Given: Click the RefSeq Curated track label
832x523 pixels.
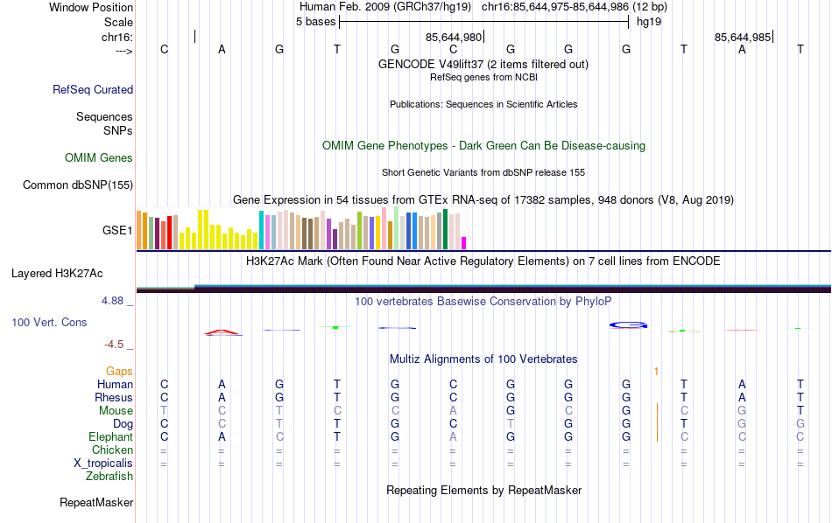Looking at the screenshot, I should point(93,89).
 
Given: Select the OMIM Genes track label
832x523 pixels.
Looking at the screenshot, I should point(99,158).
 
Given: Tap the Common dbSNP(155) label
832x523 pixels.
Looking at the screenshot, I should point(78,185).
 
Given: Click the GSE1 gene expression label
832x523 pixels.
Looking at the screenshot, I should point(118,231).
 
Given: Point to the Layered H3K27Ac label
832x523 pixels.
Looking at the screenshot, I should point(61,274).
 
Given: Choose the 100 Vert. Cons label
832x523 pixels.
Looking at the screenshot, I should point(49,323).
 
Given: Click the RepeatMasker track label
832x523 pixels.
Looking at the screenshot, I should point(96,503).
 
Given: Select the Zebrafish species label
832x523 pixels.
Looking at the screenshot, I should point(109,477).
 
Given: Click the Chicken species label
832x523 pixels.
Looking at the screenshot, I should point(112,450).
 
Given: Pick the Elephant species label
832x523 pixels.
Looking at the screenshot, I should point(110,437).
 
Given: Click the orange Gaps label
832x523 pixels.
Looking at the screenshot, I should point(119,372).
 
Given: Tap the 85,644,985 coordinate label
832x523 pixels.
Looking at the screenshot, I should point(743,38).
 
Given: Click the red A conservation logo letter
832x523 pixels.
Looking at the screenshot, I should point(222,331).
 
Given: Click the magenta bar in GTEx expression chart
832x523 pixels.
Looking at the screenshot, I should point(464,243).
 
